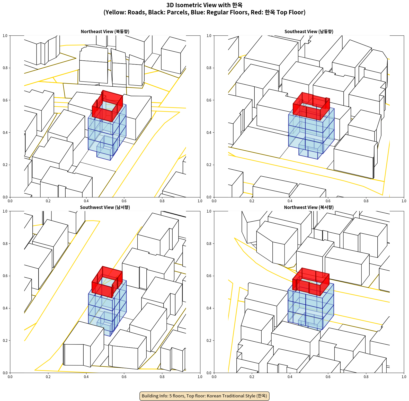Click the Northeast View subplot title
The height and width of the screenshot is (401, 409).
[x=105, y=32]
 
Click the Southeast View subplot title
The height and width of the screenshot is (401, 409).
[x=309, y=32]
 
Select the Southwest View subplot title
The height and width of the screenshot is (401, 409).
[x=105, y=207]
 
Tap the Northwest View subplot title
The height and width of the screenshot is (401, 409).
[x=309, y=207]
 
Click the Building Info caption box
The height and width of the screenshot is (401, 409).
[x=204, y=396]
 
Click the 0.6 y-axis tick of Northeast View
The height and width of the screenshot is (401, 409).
[x=5, y=100]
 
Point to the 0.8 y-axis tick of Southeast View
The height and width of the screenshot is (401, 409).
[x=209, y=68]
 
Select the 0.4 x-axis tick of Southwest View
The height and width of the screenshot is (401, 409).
[x=86, y=377]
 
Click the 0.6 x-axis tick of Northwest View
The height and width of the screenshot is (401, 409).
[x=328, y=377]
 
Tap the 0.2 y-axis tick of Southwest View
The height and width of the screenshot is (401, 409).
[x=5, y=341]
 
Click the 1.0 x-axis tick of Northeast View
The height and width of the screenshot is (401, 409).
[x=200, y=201]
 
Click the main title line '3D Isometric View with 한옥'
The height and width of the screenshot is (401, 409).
[x=204, y=5]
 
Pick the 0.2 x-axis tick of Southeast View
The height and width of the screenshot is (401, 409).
[x=252, y=201]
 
